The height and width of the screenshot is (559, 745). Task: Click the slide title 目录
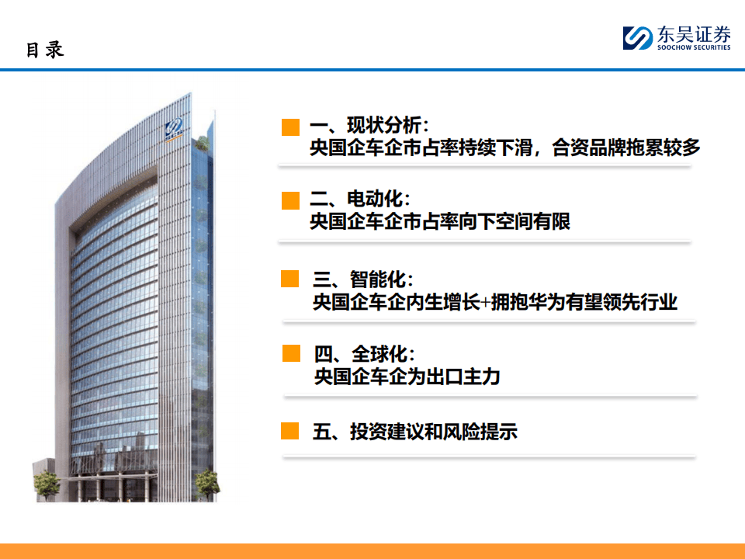coord(45,50)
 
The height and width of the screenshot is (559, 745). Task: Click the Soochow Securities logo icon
coord(638,38)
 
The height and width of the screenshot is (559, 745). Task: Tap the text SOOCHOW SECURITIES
coord(694,47)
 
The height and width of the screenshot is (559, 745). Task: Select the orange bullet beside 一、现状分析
coord(290,127)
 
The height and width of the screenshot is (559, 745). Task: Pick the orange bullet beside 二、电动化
coord(290,200)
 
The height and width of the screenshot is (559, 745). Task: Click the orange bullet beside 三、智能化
coord(289,279)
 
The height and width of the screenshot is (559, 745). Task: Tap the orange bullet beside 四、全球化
coord(291,354)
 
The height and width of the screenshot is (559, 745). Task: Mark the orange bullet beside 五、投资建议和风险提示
coord(289,431)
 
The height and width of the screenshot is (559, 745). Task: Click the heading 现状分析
coord(384,126)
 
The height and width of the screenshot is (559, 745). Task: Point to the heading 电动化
coord(375,199)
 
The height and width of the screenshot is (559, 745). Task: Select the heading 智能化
coord(378,279)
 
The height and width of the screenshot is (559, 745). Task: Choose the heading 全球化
coord(379,354)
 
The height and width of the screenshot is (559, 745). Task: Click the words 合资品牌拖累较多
coord(626,148)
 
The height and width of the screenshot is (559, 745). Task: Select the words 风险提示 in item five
coord(480,432)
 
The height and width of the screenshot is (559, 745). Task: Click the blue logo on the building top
coord(173,127)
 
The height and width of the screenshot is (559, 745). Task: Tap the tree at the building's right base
coord(208,484)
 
